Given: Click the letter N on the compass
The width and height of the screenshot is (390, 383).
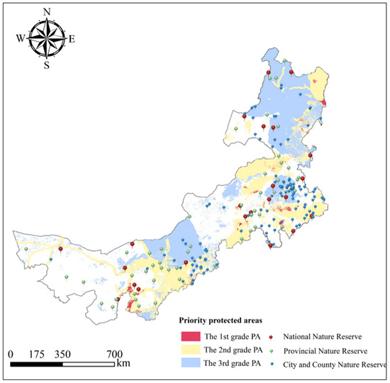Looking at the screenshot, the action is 48,12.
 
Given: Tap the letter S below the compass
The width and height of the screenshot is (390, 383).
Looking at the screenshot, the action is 47,66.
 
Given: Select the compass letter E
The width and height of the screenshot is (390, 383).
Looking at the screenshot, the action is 72,39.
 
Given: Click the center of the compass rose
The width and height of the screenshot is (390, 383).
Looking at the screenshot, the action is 47,38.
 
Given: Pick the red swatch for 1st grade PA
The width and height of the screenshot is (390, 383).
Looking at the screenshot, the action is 189,335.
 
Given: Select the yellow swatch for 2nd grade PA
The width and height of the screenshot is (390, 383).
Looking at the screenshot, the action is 189,350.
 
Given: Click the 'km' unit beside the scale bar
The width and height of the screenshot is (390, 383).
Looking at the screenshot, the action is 123,364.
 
